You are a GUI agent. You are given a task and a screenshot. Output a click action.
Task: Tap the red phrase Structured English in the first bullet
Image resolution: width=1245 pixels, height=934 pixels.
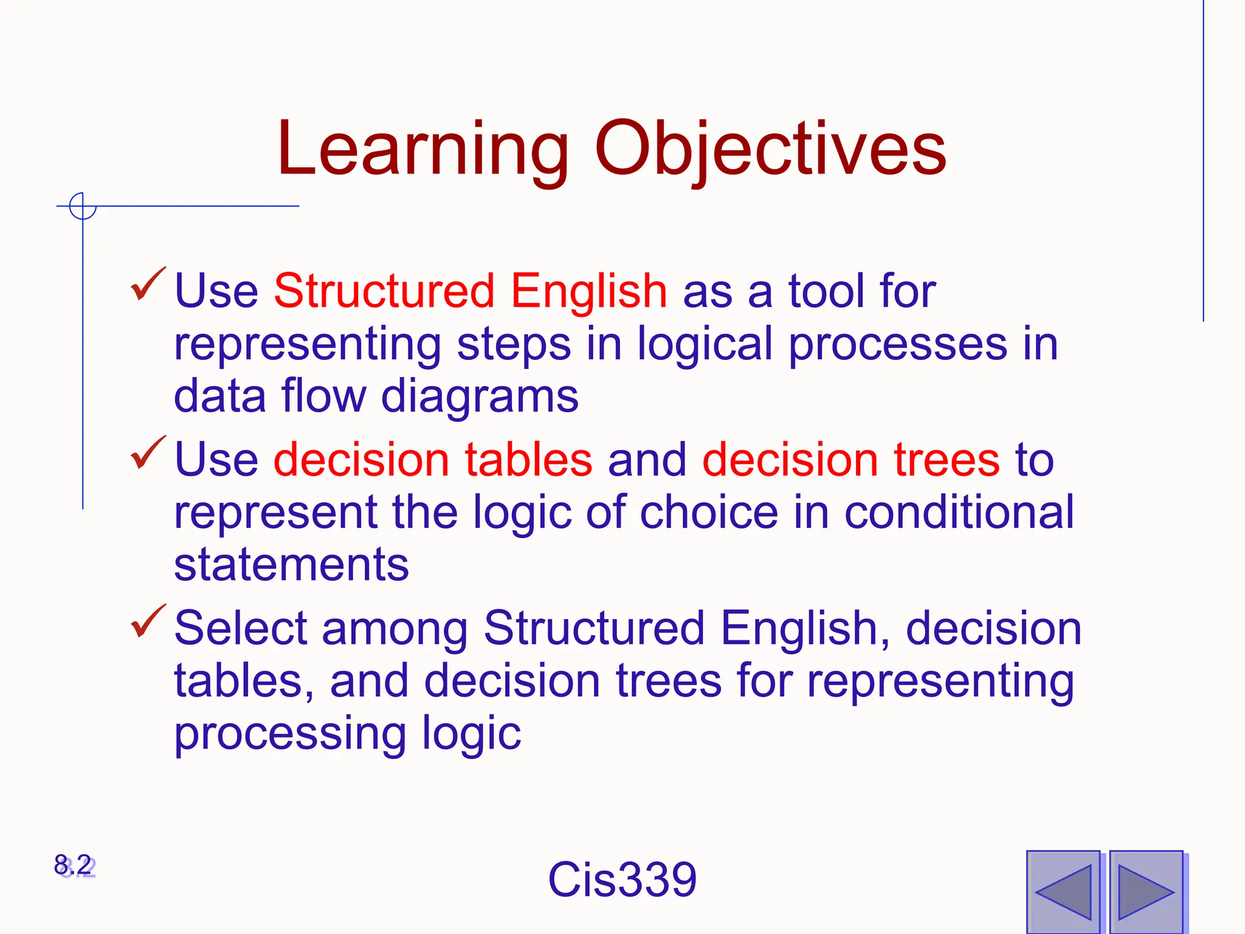[x=471, y=291]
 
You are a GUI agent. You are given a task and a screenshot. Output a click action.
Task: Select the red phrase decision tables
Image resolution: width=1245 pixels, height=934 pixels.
[x=433, y=460]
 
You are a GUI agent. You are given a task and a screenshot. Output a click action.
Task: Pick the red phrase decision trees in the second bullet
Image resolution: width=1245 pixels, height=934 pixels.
[x=850, y=460]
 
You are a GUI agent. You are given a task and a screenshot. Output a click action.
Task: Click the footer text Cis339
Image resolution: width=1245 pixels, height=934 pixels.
[x=622, y=879]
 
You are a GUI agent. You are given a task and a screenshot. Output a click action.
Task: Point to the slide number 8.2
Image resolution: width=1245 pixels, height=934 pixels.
[x=74, y=865]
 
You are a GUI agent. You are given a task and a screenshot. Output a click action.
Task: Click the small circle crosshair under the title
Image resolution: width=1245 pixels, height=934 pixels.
[x=83, y=206]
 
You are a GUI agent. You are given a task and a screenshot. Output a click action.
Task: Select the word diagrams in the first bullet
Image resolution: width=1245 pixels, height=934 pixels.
[x=480, y=396]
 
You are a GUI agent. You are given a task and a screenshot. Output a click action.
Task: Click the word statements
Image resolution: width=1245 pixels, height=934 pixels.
[x=291, y=565]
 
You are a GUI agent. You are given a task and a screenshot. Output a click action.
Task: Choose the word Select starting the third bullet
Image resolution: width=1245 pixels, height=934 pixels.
[x=241, y=628]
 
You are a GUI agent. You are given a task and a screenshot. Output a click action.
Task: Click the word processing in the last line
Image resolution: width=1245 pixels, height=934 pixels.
[x=290, y=734]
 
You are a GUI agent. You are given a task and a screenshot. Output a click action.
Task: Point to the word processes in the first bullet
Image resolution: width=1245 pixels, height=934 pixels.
[x=898, y=345]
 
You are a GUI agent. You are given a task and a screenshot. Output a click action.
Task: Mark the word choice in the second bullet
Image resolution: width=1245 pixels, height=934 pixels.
[x=708, y=512]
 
